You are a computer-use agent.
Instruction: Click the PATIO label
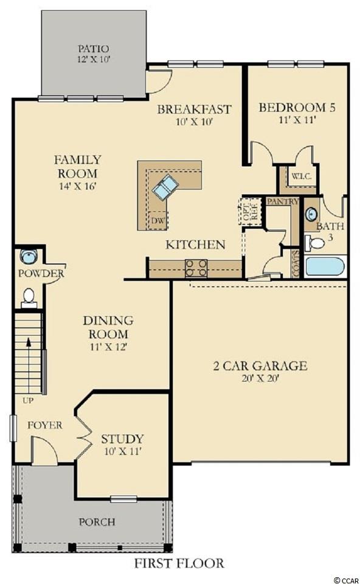click(x=94, y=49)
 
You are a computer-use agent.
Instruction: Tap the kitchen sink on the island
click(x=165, y=187)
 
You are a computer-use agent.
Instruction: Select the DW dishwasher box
click(x=158, y=220)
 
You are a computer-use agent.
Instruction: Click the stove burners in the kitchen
click(x=196, y=268)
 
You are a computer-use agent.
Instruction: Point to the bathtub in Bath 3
click(x=325, y=266)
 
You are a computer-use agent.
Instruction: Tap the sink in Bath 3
click(x=311, y=215)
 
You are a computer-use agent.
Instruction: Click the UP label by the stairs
click(x=28, y=401)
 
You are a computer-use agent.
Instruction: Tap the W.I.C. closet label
click(x=301, y=176)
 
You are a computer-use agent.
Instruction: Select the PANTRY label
click(x=283, y=201)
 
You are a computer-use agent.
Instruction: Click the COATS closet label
click(x=296, y=263)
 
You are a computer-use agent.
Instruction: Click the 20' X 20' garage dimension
click(x=260, y=379)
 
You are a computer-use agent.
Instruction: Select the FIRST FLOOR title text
click(x=179, y=563)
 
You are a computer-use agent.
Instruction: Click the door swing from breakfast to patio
click(x=159, y=81)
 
